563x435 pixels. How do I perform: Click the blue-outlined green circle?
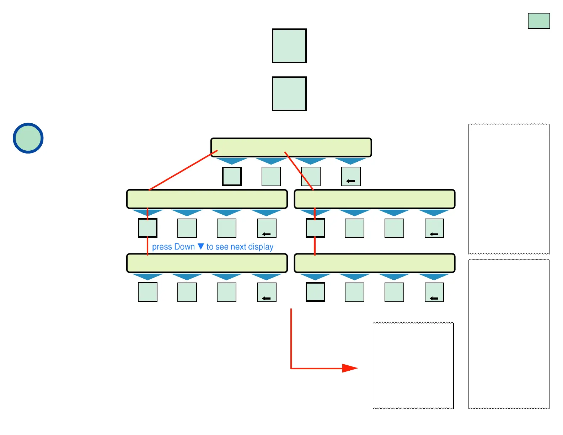(x=28, y=138)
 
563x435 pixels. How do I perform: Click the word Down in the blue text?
(x=184, y=247)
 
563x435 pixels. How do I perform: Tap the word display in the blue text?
(x=261, y=247)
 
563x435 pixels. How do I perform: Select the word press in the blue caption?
(x=162, y=247)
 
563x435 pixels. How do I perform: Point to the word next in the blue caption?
(x=238, y=247)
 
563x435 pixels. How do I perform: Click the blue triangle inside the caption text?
(x=201, y=246)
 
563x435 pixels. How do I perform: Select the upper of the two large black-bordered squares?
(x=289, y=46)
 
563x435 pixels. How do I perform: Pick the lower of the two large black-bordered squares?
(x=289, y=94)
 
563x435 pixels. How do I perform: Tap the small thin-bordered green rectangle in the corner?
(x=539, y=21)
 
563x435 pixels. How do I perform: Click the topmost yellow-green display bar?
(x=291, y=147)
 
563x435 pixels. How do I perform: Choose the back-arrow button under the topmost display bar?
(x=351, y=177)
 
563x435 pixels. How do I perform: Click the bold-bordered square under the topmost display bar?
(x=232, y=176)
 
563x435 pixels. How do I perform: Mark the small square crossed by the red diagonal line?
(x=311, y=177)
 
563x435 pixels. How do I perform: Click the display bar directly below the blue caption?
(x=207, y=263)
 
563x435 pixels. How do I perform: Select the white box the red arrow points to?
(x=413, y=366)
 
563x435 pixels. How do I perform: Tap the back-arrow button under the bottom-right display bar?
(x=434, y=292)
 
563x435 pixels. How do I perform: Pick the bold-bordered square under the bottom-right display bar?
(x=315, y=292)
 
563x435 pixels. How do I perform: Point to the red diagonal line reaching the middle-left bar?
(x=183, y=170)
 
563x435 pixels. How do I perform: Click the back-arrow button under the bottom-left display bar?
(x=266, y=292)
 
